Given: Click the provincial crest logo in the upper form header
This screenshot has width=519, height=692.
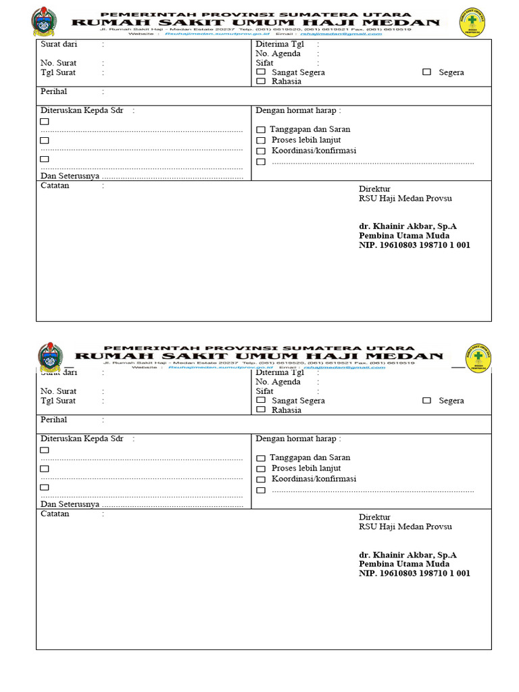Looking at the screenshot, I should point(45,22).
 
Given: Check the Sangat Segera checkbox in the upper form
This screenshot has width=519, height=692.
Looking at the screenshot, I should point(261,72).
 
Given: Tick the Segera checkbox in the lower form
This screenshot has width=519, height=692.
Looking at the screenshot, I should point(426,400).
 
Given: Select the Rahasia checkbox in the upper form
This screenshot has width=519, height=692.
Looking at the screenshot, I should point(261,81).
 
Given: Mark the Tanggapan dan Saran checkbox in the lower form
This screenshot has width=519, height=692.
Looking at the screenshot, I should point(261,458).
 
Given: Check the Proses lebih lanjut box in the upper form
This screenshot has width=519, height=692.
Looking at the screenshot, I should point(261,141).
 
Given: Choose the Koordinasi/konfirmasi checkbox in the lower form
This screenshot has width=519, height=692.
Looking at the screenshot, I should point(261,479).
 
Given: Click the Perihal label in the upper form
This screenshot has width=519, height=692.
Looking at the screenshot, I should point(54,91).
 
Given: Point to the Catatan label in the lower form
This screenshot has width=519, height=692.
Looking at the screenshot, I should point(55,514).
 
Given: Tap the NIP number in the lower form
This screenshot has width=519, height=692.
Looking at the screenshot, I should point(414,573).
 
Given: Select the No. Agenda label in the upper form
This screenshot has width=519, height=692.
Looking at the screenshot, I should point(278,53).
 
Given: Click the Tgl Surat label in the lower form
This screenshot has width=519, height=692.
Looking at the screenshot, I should point(58,401).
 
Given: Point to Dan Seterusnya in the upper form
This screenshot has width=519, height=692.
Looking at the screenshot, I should point(70,176).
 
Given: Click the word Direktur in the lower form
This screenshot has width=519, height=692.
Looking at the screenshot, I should point(374,517).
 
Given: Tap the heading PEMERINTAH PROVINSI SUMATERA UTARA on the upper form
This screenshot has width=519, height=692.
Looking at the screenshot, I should point(255,14).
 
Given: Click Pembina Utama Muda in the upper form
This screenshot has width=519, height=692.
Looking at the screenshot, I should point(403,236).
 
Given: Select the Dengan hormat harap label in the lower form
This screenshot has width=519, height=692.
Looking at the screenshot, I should point(295,439).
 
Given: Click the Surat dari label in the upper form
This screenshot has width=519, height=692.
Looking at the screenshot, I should point(59,44).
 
